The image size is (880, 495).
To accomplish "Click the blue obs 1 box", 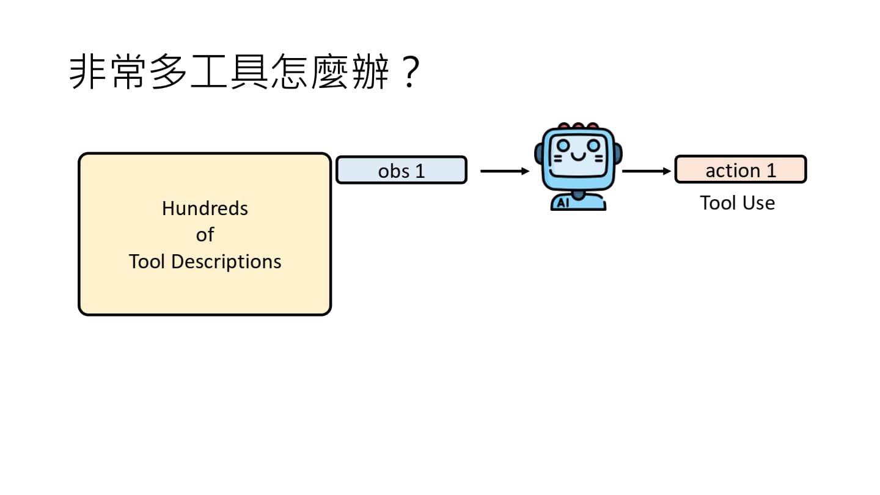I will (401, 170).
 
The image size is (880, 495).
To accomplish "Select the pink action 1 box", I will (740, 169).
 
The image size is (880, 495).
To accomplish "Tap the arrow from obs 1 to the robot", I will (504, 171).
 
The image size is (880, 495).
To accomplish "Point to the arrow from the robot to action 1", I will (646, 171).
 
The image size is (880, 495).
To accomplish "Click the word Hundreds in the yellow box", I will (205, 208).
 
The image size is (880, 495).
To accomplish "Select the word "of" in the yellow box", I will (205, 235).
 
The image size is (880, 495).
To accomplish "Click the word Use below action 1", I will (757, 202).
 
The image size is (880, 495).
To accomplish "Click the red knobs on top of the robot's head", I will (577, 127).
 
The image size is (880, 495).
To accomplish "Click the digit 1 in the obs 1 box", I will (419, 170).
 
